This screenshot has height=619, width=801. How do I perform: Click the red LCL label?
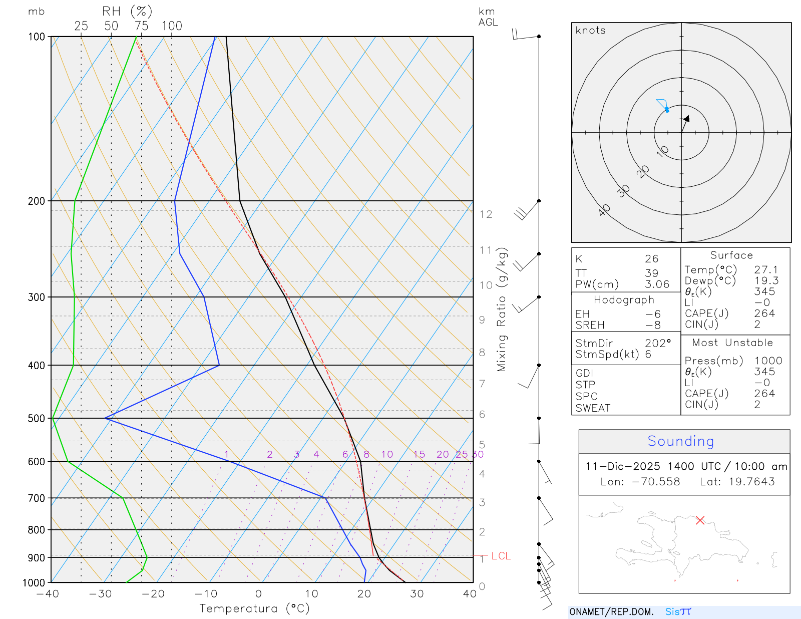tap(501, 556)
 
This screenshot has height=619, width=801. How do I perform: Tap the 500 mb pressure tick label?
tap(37, 418)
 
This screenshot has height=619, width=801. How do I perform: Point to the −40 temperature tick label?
tap(48, 594)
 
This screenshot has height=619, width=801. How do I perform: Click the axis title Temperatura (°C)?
tap(254, 608)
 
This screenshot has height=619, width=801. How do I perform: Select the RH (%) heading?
tap(127, 12)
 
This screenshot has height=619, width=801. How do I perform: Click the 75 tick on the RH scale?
tap(141, 26)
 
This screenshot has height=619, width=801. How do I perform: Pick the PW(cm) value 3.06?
tap(657, 284)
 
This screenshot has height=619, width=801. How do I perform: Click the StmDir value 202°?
tap(657, 344)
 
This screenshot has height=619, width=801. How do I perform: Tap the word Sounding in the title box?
tap(681, 441)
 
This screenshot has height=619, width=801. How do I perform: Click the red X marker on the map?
tap(700, 520)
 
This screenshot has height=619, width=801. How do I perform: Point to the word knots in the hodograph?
tap(591, 31)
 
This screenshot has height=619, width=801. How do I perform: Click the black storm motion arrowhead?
tap(687, 119)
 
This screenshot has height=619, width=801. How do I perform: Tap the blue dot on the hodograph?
tap(667, 110)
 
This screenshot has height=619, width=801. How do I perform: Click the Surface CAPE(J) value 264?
tap(764, 314)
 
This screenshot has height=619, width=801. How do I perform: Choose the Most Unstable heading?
tap(732, 343)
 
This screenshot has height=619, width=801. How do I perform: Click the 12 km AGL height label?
tap(486, 214)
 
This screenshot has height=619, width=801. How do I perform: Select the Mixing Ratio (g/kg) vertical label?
tap(502, 309)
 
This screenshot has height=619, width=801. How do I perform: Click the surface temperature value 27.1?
tap(766, 270)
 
